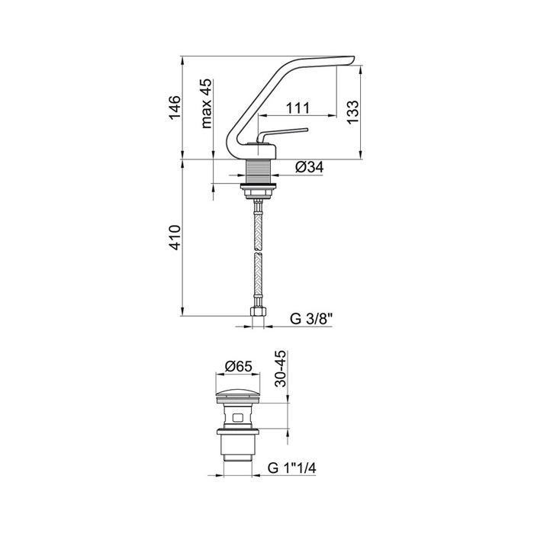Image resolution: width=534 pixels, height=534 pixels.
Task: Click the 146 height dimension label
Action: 175,108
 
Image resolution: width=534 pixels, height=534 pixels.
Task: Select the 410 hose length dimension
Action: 175,237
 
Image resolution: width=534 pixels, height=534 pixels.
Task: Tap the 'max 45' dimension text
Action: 207,104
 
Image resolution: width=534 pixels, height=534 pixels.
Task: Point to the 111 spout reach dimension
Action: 298,108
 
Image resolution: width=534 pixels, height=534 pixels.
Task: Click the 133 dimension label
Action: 353,112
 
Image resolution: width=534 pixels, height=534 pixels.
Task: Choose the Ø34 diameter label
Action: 309,167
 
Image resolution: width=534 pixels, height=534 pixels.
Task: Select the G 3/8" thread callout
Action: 311,319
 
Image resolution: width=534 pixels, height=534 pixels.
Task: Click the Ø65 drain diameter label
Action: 238,366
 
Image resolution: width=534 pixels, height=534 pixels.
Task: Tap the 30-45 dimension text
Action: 281,368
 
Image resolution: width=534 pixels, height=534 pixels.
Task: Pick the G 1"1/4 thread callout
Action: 292,468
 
